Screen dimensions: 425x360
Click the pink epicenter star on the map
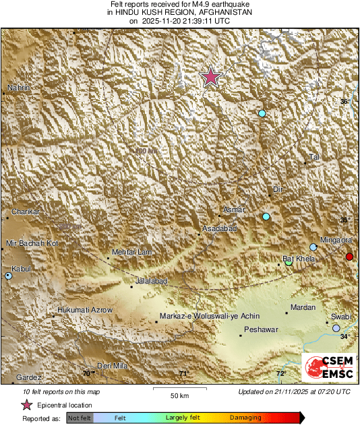[211, 77]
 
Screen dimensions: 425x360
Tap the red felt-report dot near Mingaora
[349, 257]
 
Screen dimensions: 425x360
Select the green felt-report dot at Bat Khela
[289, 262]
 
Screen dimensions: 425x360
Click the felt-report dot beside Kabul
[8, 275]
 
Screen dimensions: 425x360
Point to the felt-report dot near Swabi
[336, 328]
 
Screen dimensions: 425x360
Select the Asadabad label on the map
[220, 230]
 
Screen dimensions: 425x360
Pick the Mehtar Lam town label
[129, 252]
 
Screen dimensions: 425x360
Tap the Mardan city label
[302, 308]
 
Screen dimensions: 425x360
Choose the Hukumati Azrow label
[82, 310]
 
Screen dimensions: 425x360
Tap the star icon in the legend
[26, 405]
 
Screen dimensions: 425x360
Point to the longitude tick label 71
[183, 373]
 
